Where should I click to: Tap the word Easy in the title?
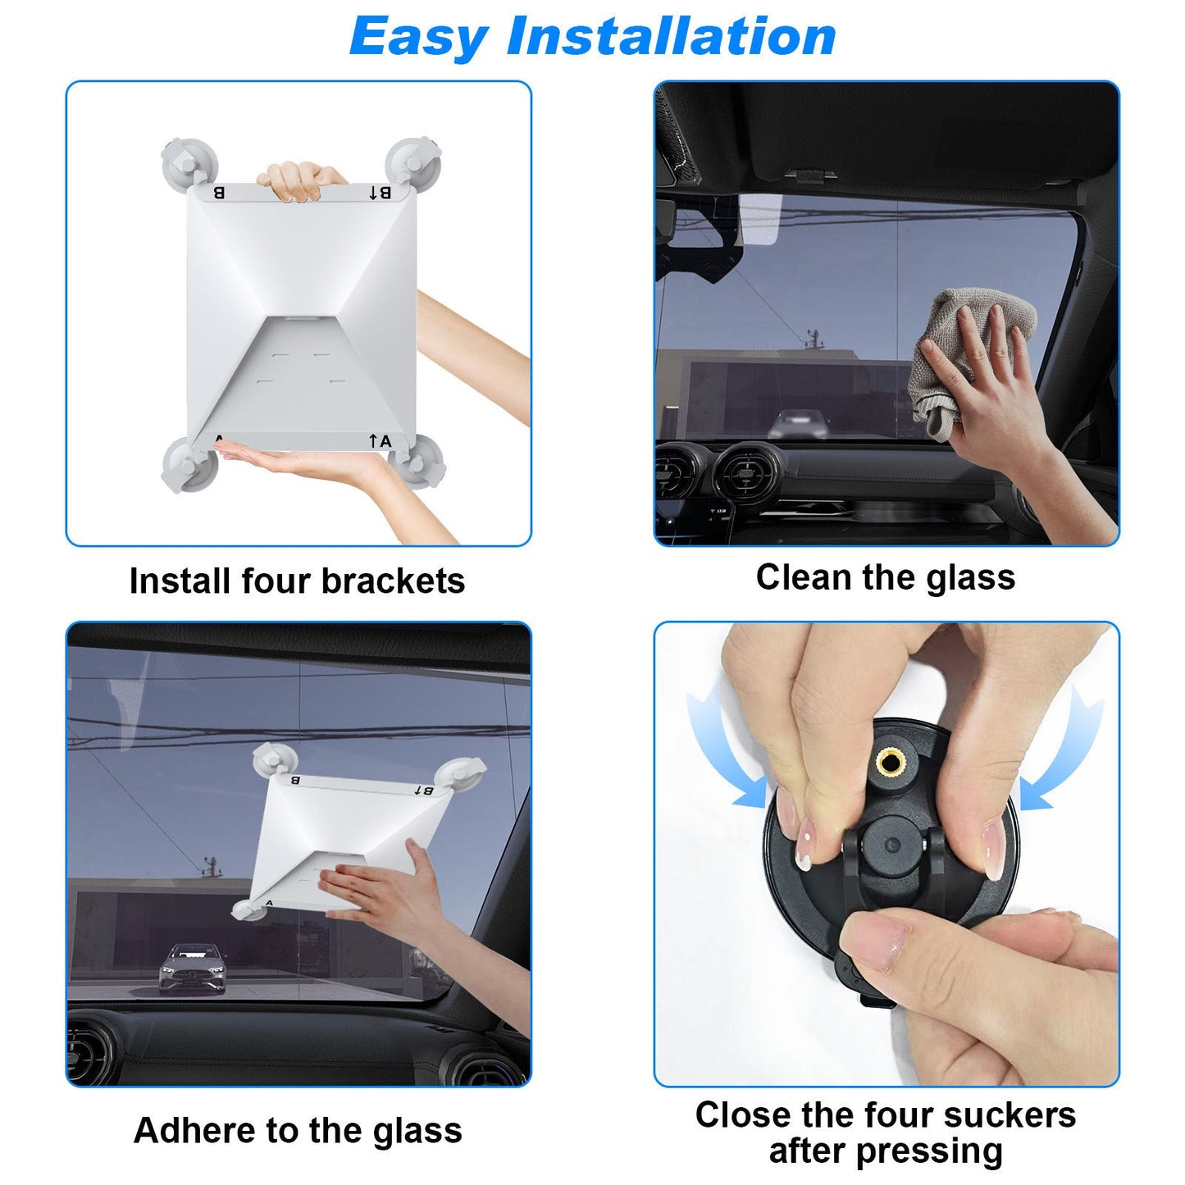(419, 38)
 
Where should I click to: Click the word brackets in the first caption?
(393, 581)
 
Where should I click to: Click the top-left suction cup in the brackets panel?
(189, 163)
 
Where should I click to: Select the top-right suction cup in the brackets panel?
(412, 161)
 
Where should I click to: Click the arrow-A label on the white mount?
(381, 441)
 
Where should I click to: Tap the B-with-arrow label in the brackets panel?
(380, 193)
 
